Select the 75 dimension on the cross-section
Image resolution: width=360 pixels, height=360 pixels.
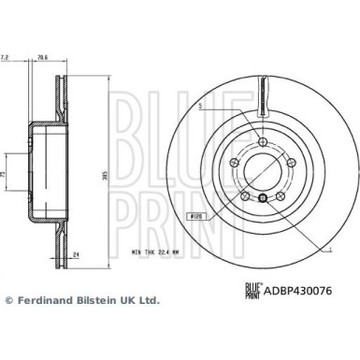(x=5, y=175)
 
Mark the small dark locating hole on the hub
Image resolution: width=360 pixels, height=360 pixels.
(x=264, y=196)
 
